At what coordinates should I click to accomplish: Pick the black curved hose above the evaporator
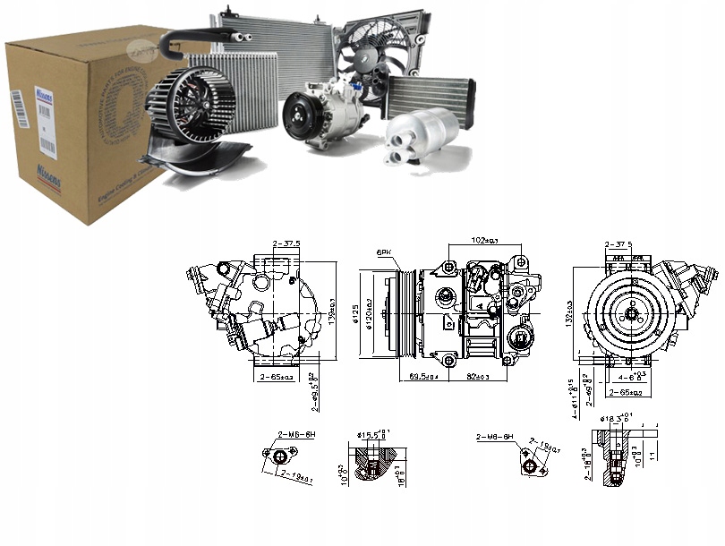197,36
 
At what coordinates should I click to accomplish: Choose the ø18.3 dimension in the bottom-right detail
611,418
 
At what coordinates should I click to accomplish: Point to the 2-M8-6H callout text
496,437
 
